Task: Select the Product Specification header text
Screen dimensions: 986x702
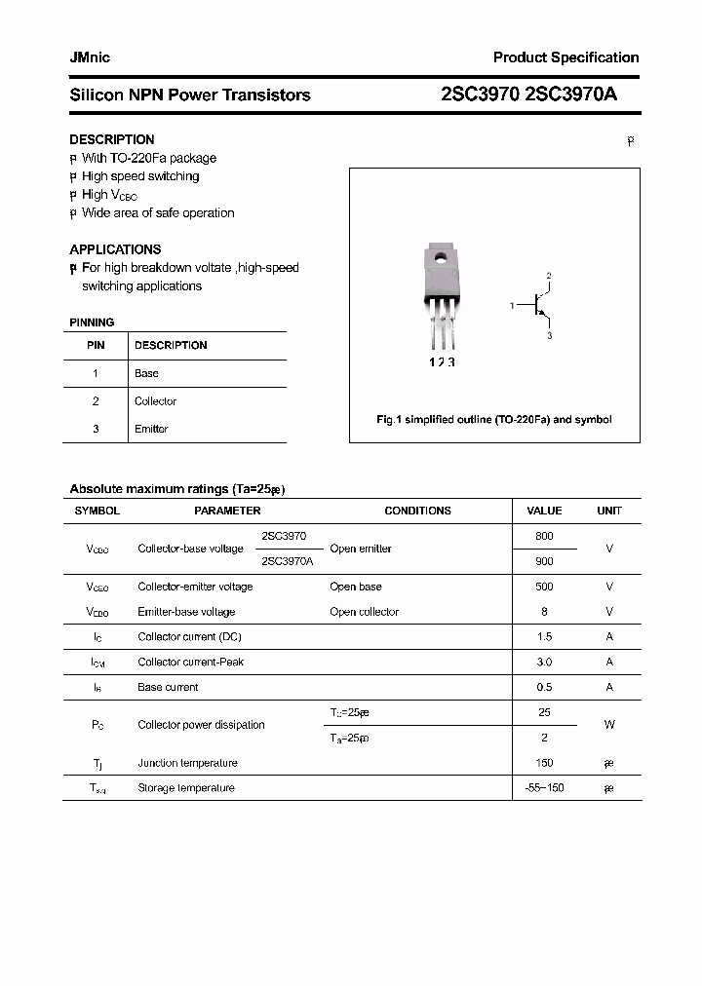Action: pos(565,57)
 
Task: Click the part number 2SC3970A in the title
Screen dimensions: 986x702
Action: pos(570,95)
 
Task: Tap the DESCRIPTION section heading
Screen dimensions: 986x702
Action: pos(111,139)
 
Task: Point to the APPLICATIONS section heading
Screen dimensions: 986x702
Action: pos(115,249)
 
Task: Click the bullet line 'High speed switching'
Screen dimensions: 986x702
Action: pos(140,176)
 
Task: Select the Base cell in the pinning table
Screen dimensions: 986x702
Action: pos(146,373)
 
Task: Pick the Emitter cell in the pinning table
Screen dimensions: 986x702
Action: pos(151,429)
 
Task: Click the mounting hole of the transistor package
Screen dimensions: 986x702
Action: pos(440,258)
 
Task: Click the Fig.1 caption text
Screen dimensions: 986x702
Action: pos(494,420)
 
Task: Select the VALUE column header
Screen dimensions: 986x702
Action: pos(544,511)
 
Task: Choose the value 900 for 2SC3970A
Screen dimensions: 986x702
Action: pos(544,561)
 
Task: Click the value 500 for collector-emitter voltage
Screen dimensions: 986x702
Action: pos(544,587)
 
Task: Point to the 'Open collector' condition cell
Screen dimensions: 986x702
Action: pos(364,612)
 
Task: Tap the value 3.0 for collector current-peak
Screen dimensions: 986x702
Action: pos(544,662)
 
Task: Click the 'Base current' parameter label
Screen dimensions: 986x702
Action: pos(168,687)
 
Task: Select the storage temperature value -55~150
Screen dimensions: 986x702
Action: pos(544,787)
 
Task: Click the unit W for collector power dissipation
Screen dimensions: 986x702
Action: pos(608,725)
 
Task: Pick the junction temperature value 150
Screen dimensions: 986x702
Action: pos(544,763)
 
